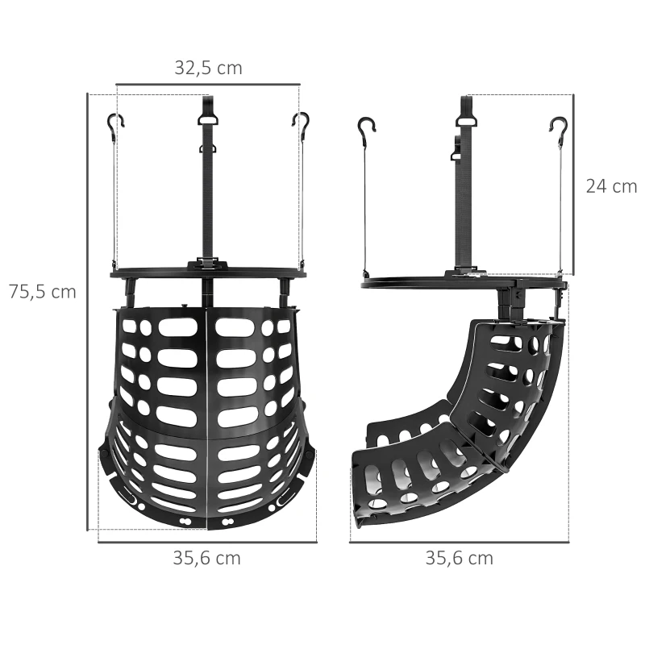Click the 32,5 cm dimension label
pyautogui.click(x=208, y=68)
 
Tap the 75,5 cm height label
pyautogui.click(x=42, y=292)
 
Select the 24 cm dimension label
pyautogui.click(x=611, y=186)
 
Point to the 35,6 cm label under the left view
pyautogui.click(x=206, y=558)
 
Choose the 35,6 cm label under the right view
pyautogui.click(x=460, y=558)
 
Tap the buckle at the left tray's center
pyautogui.click(x=208, y=264)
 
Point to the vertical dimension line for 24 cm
pyautogui.click(x=573, y=184)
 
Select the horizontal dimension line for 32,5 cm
pyautogui.click(x=208, y=83)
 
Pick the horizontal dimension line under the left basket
pyautogui.click(x=207, y=543)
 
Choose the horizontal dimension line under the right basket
pyautogui.click(x=459, y=543)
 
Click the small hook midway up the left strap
pyautogui.click(x=208, y=148)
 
